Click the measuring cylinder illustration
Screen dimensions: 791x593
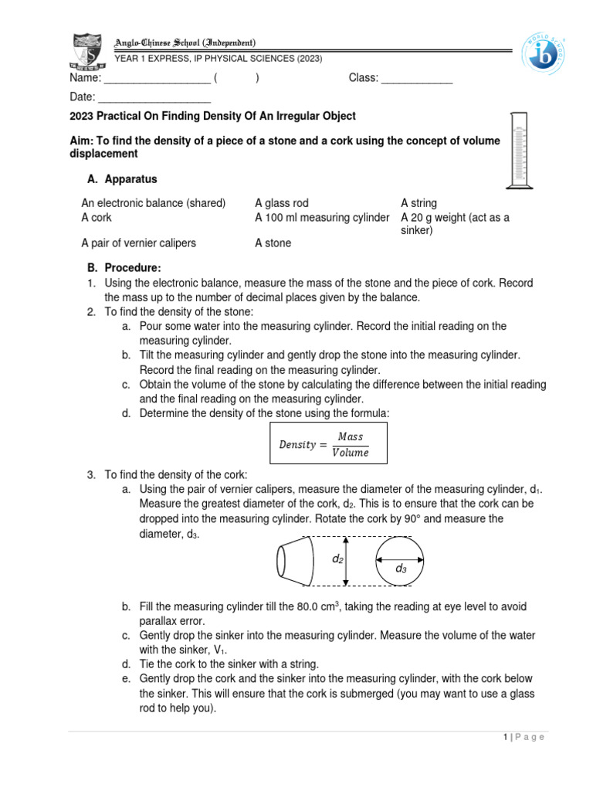point(515,150)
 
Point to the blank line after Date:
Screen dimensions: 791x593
point(154,97)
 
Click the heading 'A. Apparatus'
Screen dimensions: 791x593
point(122,179)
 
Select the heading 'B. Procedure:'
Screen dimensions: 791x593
point(124,268)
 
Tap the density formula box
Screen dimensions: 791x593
point(328,443)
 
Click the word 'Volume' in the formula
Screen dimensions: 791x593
point(350,453)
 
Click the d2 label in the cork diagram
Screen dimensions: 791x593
point(337,558)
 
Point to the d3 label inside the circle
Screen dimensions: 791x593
point(401,569)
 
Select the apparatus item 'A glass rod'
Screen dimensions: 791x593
point(281,203)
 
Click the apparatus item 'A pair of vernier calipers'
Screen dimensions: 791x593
point(139,243)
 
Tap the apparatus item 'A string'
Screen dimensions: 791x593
point(418,203)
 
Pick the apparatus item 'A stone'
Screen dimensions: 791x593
point(273,243)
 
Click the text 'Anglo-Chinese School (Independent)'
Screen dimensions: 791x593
point(185,42)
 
